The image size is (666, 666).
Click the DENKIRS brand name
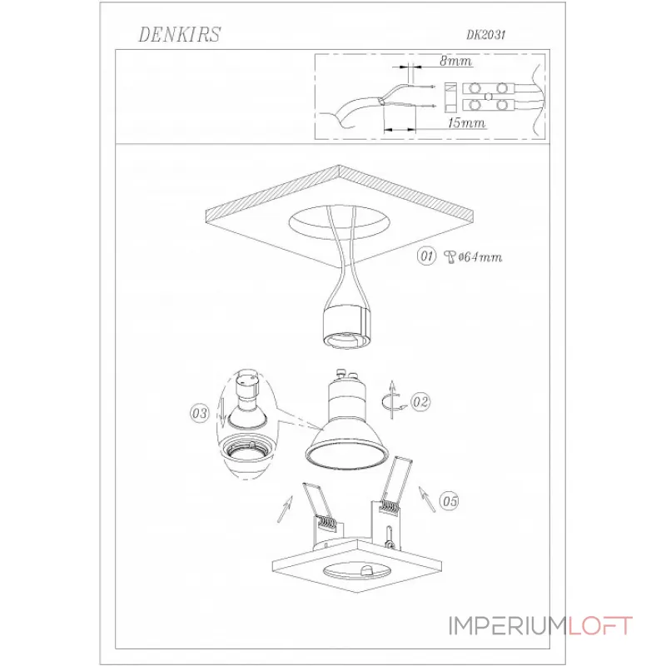pyautogui.click(x=180, y=34)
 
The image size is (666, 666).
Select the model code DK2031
pyautogui.click(x=486, y=35)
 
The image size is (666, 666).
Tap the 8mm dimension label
pyautogui.click(x=455, y=61)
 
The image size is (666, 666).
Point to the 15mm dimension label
pyautogui.click(x=466, y=123)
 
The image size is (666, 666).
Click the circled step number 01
pyautogui.click(x=426, y=256)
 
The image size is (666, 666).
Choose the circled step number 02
pyautogui.click(x=420, y=402)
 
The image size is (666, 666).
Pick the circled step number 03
pyautogui.click(x=200, y=413)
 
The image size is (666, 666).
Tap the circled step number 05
pyautogui.click(x=450, y=501)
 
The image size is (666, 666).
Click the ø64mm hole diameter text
pyautogui.click(x=480, y=257)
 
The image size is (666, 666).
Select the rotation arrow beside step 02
pyautogui.click(x=394, y=400)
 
